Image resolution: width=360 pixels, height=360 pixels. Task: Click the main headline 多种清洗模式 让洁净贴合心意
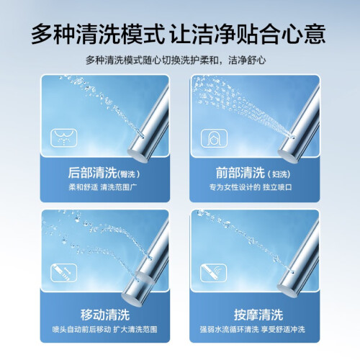click(179, 34)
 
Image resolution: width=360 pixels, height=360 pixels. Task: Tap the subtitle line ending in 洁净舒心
click(176, 60)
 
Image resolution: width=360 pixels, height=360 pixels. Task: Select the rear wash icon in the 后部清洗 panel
click(64, 138)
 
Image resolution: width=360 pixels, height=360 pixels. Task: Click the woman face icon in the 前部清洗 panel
click(214, 138)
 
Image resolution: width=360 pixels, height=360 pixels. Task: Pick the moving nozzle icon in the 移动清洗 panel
click(63, 273)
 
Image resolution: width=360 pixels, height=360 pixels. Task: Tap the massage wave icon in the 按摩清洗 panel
click(213, 273)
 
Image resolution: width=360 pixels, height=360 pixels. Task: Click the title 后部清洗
click(92, 173)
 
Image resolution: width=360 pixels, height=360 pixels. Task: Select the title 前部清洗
click(240, 173)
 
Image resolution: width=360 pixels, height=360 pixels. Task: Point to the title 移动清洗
click(105, 315)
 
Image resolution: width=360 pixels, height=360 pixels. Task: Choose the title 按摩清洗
click(258, 315)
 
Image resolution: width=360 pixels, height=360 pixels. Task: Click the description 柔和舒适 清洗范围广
click(103, 187)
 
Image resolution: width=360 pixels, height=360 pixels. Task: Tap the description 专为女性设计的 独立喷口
click(251, 187)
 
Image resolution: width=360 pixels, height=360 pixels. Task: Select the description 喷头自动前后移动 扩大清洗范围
click(105, 329)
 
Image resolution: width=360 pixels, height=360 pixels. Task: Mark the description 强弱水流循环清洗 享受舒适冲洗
click(253, 329)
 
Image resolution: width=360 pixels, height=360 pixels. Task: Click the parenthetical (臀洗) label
click(129, 174)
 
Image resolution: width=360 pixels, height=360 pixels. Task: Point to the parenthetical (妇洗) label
click(279, 174)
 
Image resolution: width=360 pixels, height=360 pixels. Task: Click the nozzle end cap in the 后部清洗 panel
click(138, 156)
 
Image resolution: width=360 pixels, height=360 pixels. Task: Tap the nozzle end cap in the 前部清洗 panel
click(288, 156)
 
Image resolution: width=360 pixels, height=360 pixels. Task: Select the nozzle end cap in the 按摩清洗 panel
click(287, 291)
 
